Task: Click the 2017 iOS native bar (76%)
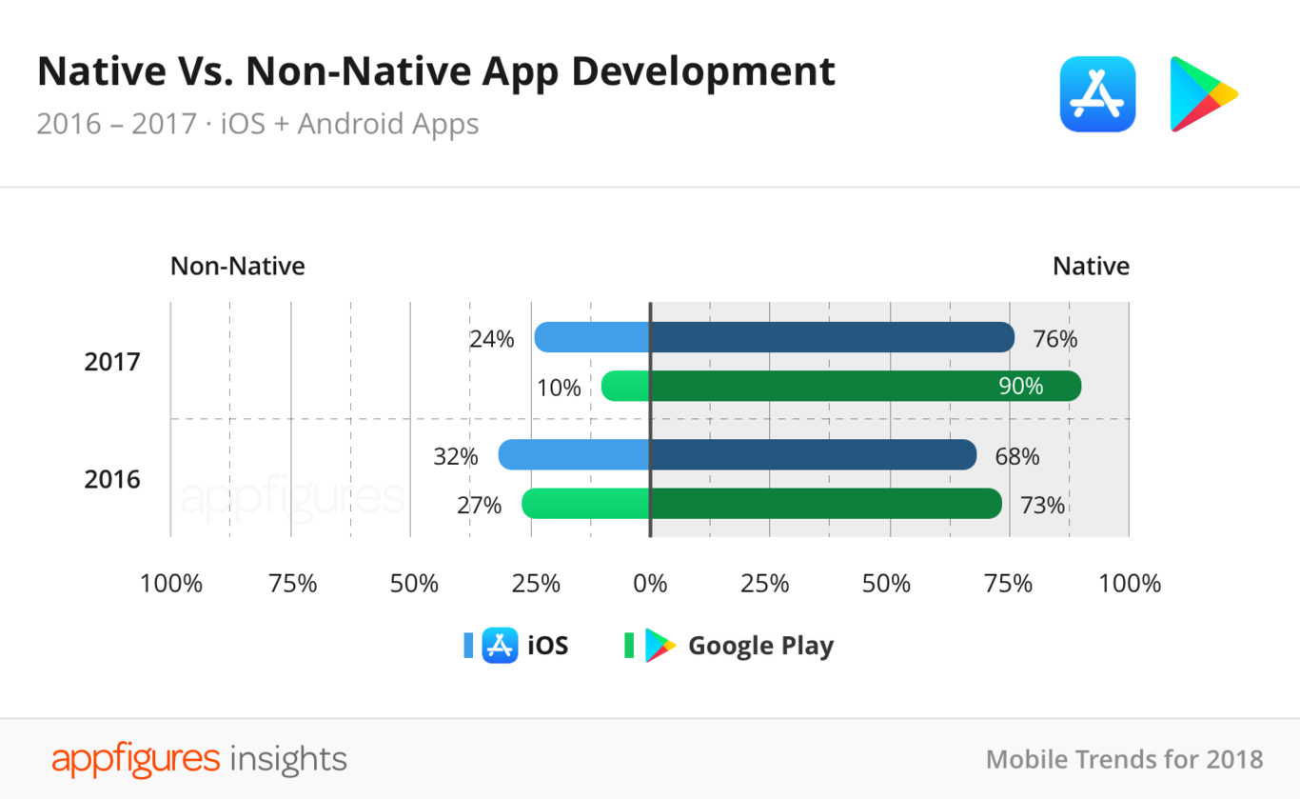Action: (x=832, y=337)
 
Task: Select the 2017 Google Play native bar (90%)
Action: (x=865, y=386)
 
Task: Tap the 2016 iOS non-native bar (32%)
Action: (x=574, y=455)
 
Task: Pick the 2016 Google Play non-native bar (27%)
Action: (x=585, y=504)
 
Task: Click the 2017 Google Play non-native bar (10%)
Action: (x=625, y=386)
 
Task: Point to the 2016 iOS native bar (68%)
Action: (x=813, y=455)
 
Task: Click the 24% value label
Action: (x=491, y=339)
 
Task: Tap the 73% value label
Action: (x=1042, y=506)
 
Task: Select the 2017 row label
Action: (x=111, y=362)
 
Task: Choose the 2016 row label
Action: (x=111, y=479)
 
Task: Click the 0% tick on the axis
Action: (x=650, y=584)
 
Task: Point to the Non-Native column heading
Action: (x=237, y=267)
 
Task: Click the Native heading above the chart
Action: (x=1091, y=267)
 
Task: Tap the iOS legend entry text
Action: (x=547, y=646)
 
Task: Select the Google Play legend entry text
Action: (x=760, y=646)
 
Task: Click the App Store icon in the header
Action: (x=1097, y=93)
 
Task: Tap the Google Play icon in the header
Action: (x=1202, y=93)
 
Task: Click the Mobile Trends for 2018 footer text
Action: (x=1124, y=759)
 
